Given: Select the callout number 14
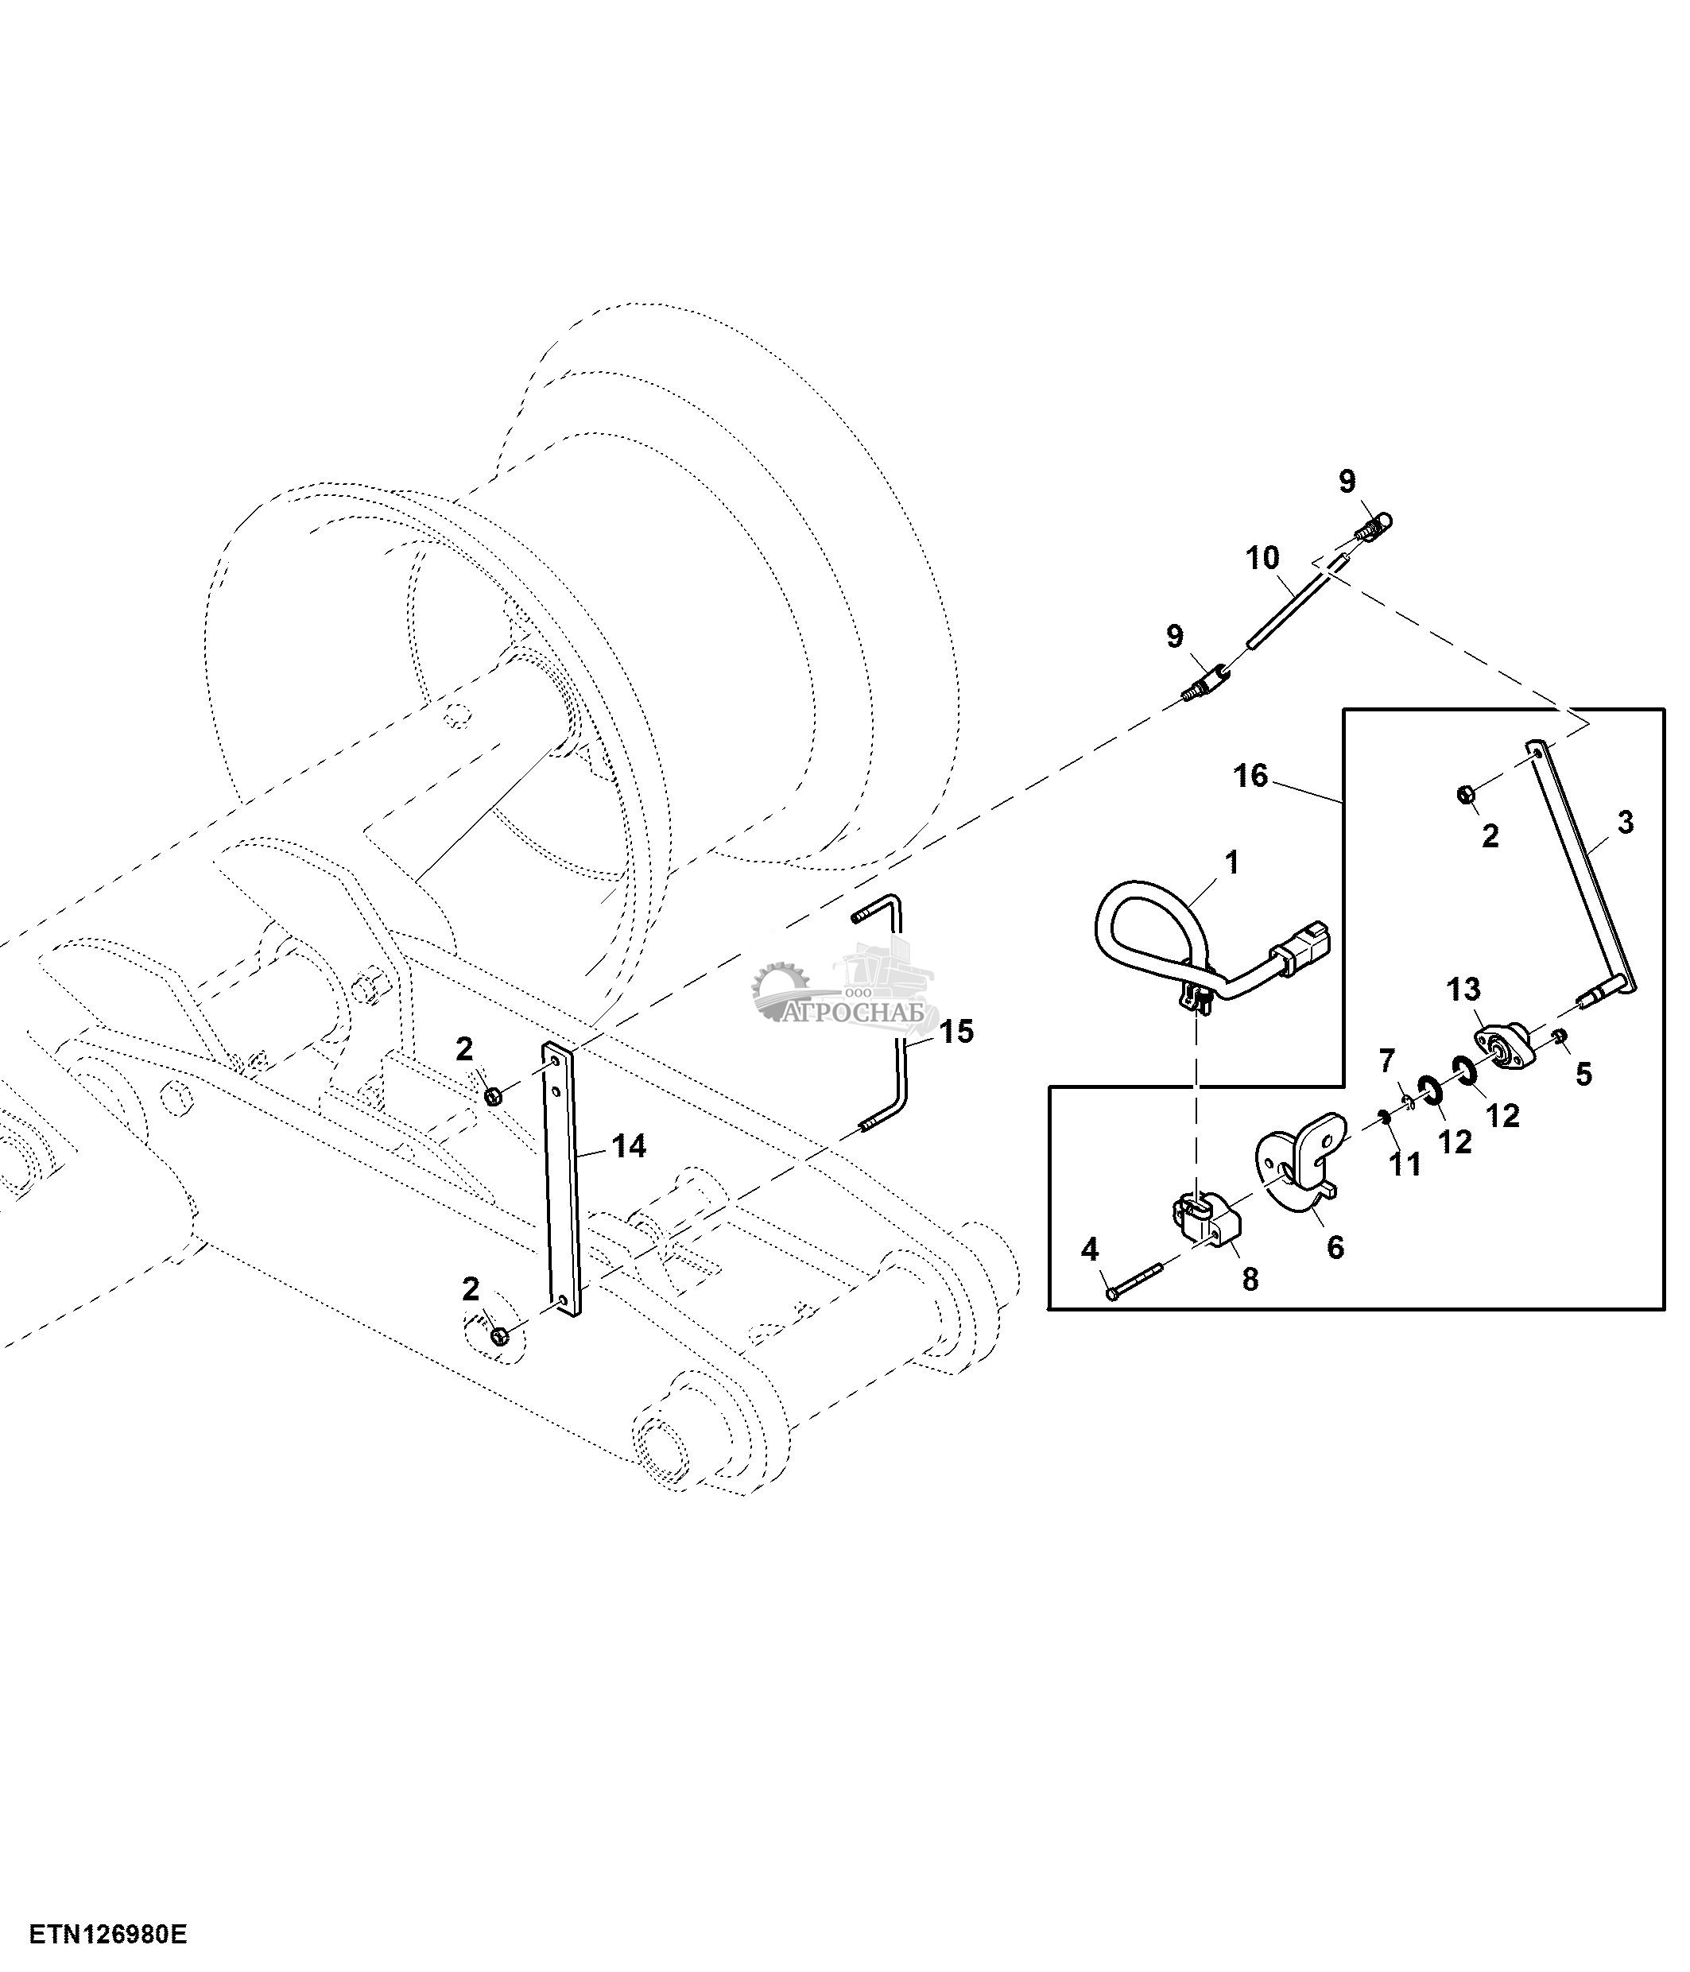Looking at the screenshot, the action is tap(629, 1147).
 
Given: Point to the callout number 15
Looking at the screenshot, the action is tap(957, 1031).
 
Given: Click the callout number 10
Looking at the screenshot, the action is tap(1263, 558).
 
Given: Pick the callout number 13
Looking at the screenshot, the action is tap(1464, 990).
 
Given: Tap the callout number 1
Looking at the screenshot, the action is tap(1232, 862).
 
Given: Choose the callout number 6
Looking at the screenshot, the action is tap(1336, 1247).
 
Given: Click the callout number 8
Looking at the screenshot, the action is tap(1250, 1280).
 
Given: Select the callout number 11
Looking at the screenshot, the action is tap(1405, 1163).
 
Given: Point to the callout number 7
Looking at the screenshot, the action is tap(1386, 1060).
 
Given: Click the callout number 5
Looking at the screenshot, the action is tap(1583, 1074).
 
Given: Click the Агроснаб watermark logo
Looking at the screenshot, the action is tap(845, 987).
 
